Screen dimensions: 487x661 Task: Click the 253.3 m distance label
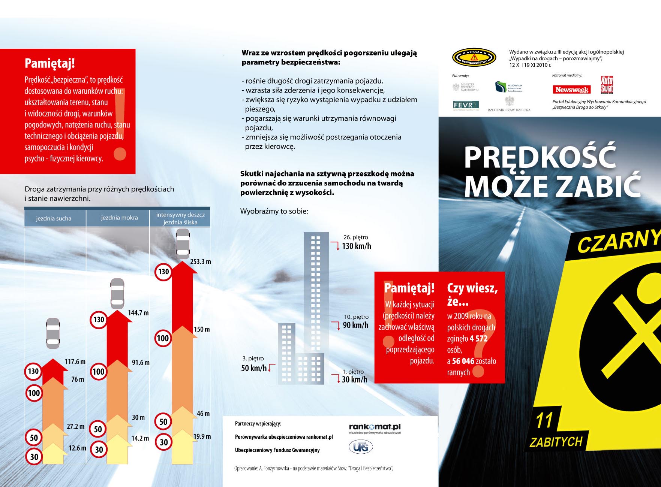tap(200, 261)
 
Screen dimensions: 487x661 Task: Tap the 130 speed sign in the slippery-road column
tap(163, 272)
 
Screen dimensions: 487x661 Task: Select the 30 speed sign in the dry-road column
tap(34, 457)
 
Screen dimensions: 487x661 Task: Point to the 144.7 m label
tap(138, 313)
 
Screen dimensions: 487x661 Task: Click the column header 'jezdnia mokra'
tap(119, 218)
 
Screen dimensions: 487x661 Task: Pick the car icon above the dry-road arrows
tap(53, 333)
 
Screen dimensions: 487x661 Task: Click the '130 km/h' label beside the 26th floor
tap(356, 246)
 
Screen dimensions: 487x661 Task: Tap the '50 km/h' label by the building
tap(254, 368)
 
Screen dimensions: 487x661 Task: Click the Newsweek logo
tap(571, 90)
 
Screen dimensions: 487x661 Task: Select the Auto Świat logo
tap(607, 85)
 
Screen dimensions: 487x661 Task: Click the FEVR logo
tap(466, 105)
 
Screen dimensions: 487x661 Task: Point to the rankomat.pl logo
tap(375, 427)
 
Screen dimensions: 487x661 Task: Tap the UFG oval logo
tap(361, 447)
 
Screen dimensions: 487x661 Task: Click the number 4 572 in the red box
tap(478, 339)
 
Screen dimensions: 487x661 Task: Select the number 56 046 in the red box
tap(463, 361)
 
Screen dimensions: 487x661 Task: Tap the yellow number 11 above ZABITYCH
tap(544, 420)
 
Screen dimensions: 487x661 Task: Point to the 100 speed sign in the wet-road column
tap(98, 372)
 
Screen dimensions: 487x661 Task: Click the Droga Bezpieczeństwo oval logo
tap(474, 58)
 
